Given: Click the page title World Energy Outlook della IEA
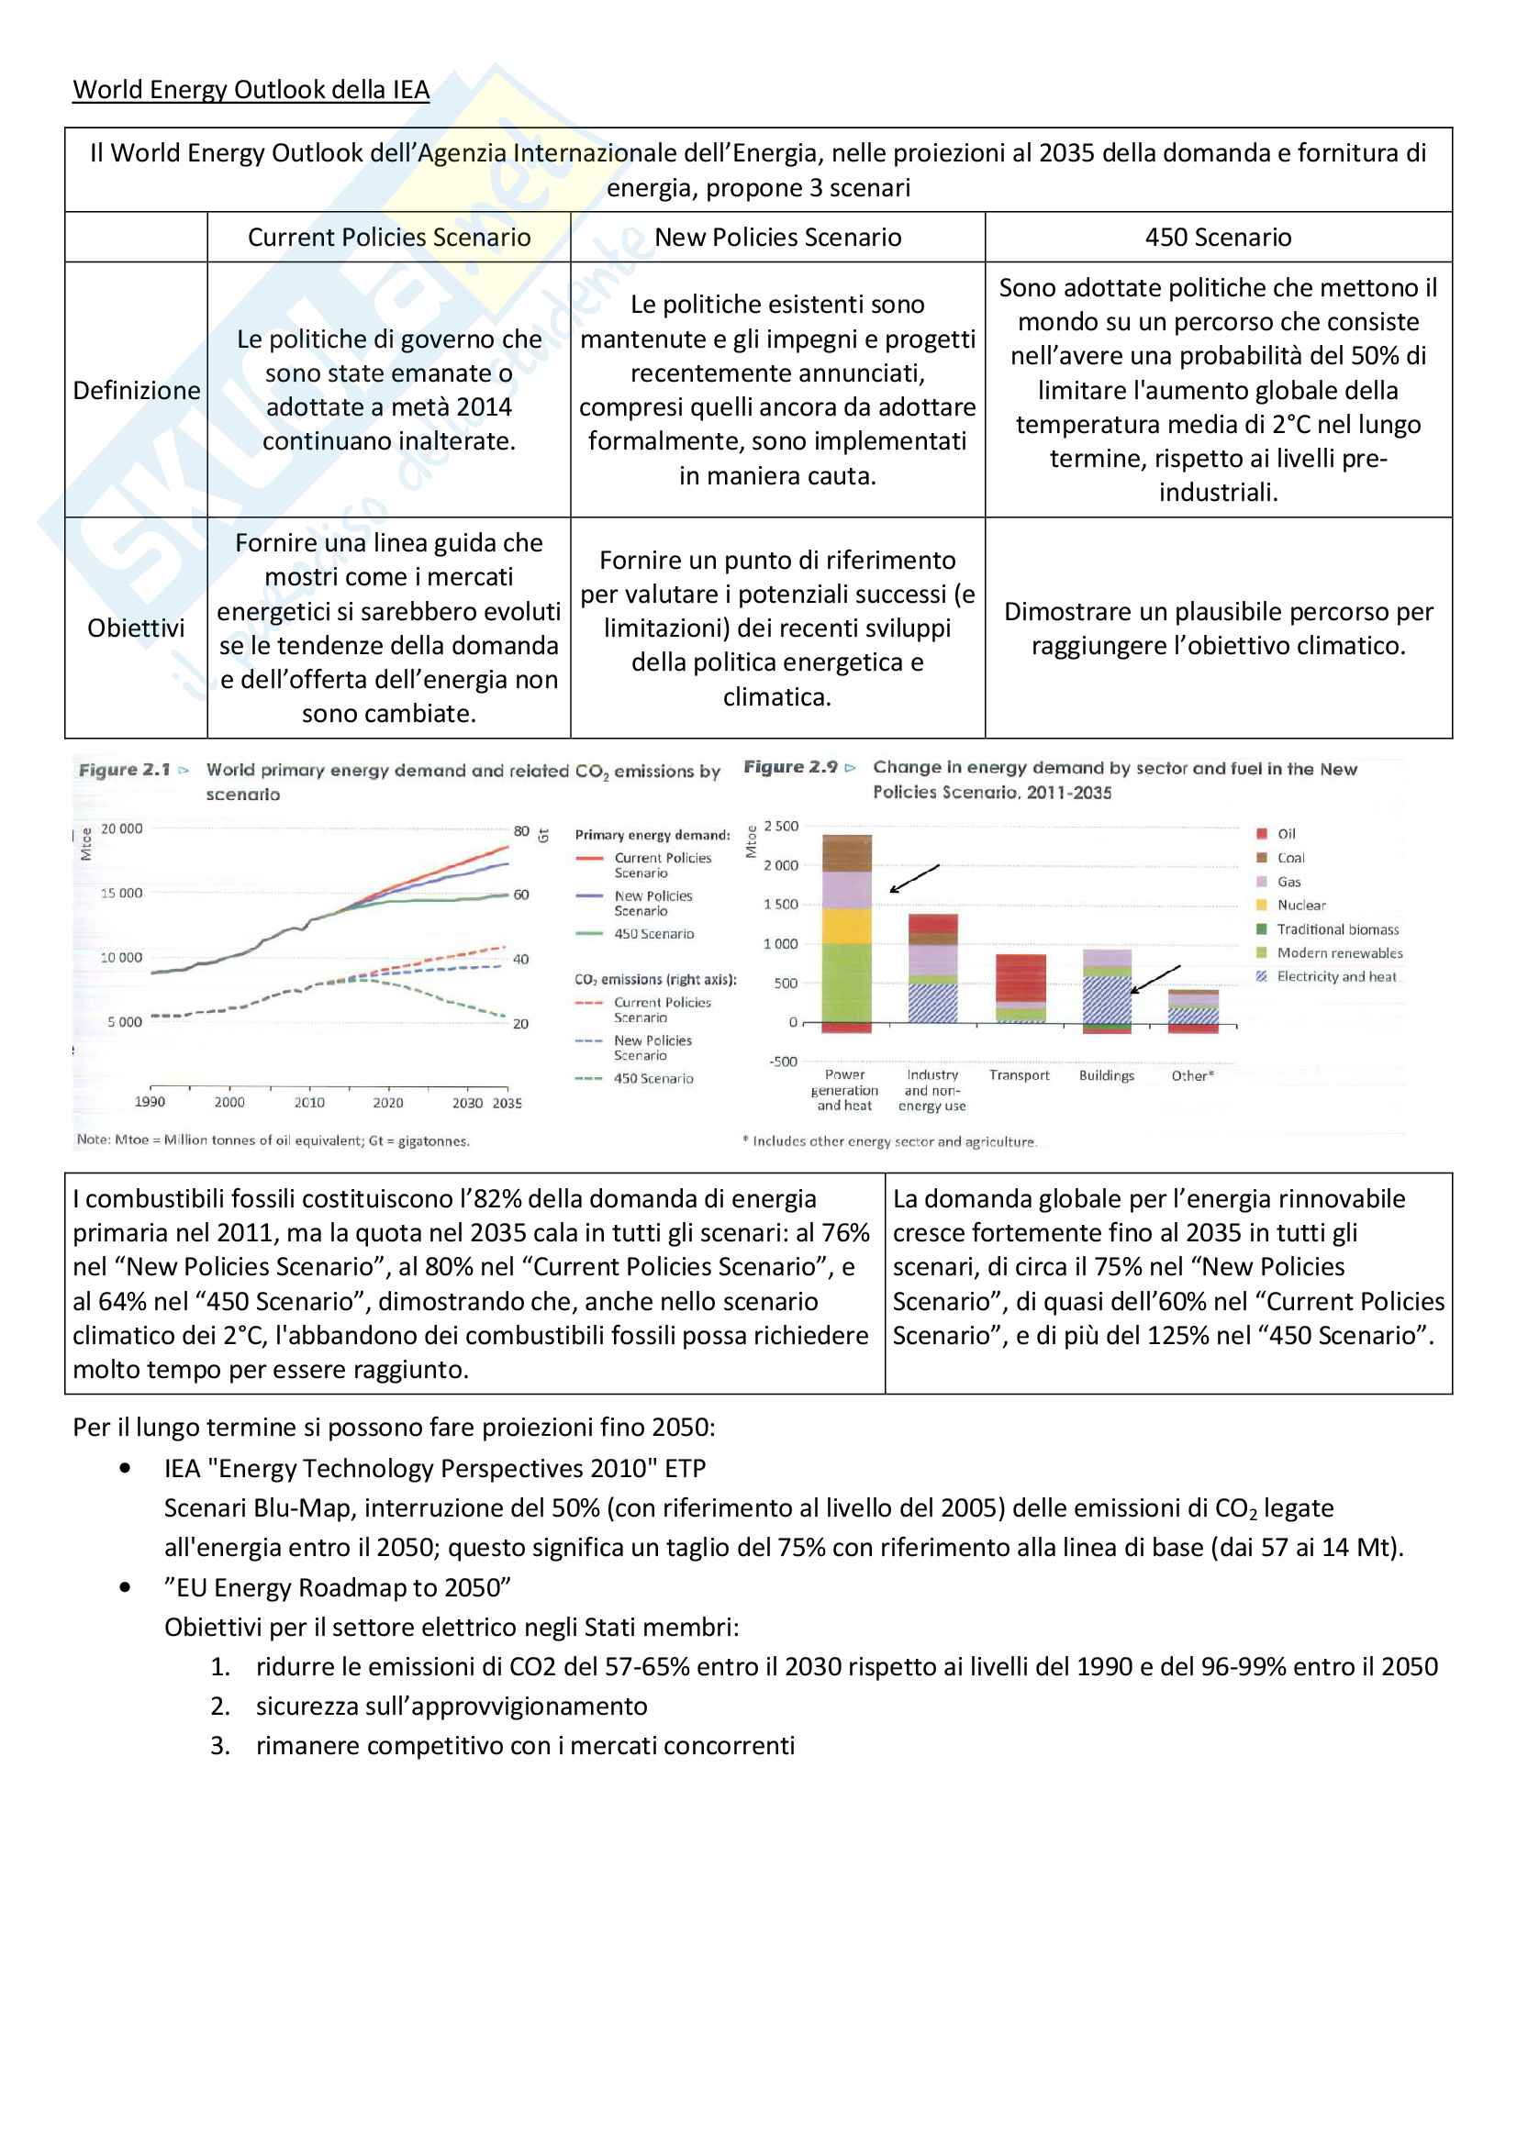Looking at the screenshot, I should tap(251, 90).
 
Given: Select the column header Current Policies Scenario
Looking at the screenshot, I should tap(389, 238).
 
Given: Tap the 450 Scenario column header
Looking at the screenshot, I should tap(1218, 238).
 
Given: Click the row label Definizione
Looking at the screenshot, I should tap(137, 391).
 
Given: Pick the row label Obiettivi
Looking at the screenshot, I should tap(137, 628).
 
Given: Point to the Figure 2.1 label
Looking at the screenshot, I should tap(124, 770).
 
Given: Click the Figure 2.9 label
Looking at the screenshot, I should tap(791, 767).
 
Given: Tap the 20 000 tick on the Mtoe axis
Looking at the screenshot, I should tap(121, 829).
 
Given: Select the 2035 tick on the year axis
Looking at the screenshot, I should tap(508, 1103).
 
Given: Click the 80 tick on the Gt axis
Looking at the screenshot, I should tap(521, 831).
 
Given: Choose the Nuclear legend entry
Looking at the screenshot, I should tap(1301, 905).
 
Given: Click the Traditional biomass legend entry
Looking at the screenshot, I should tap(1337, 929).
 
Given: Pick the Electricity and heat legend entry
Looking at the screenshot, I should tap(1336, 977).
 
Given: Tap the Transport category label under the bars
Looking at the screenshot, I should tap(1019, 1076).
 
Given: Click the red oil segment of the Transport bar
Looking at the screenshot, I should tap(1021, 978).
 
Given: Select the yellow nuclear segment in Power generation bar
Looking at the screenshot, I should tap(847, 926).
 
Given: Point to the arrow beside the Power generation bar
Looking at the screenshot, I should tap(914, 879).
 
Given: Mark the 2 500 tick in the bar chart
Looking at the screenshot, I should tap(781, 827).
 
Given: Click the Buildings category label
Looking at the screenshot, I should tap(1107, 1076).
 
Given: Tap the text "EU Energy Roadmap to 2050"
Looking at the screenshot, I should tap(338, 1587).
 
